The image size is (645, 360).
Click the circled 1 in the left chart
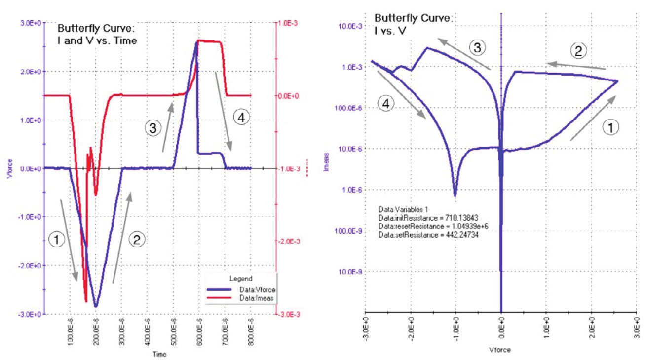(x=58, y=240)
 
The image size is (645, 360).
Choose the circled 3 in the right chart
(x=477, y=47)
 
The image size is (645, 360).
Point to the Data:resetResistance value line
(x=433, y=226)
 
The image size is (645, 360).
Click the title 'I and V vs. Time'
(x=97, y=41)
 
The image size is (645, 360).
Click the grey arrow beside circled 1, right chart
(x=592, y=119)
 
